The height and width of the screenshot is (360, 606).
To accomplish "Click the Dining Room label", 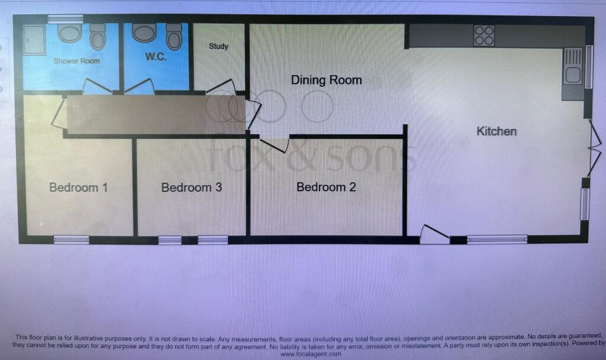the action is [x=326, y=80].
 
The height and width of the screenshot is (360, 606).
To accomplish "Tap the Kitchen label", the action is [x=497, y=131].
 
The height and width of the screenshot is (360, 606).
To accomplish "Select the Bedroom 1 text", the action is [x=79, y=188].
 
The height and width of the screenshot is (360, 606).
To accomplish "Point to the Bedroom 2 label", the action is [x=326, y=187].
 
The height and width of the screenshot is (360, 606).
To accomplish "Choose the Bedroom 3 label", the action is [x=192, y=188].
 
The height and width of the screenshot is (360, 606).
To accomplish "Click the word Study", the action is [x=219, y=46].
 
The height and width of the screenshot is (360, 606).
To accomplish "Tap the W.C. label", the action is [x=156, y=56].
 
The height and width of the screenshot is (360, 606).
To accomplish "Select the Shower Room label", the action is [x=76, y=61].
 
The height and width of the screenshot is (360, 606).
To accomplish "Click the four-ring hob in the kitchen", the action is [x=484, y=36].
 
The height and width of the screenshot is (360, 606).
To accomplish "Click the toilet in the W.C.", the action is [x=175, y=36].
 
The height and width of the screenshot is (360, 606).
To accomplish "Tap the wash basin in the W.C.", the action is [x=144, y=33].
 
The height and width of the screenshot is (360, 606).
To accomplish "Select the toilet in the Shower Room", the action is [x=98, y=37].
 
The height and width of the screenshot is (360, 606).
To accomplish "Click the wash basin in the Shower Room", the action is [x=70, y=33].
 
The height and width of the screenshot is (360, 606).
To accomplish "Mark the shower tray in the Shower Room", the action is [x=34, y=40].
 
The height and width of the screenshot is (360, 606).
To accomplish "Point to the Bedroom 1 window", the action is [x=71, y=240].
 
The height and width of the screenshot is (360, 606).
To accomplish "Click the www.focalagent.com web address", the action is [x=311, y=354].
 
